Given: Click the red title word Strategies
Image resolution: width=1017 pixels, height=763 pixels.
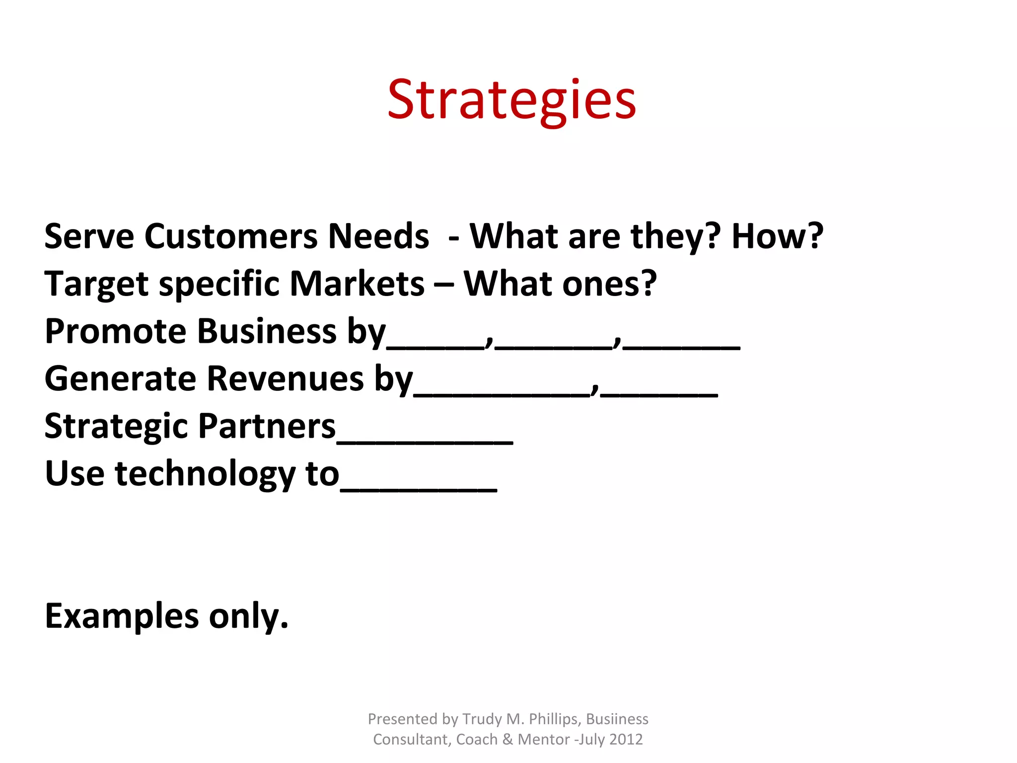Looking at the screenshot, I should pos(511,101).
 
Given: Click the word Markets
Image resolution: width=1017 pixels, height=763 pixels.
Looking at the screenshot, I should pos(357,284).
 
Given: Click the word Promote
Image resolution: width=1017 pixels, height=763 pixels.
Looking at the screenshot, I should pos(115,331).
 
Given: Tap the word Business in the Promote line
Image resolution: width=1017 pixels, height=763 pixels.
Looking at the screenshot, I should pos(267,331).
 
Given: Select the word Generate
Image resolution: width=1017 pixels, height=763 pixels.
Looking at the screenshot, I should pos(120,379).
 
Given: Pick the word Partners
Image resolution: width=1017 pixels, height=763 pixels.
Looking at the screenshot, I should pos(267,426).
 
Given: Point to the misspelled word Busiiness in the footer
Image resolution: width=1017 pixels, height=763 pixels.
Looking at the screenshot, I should pos(617,719).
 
